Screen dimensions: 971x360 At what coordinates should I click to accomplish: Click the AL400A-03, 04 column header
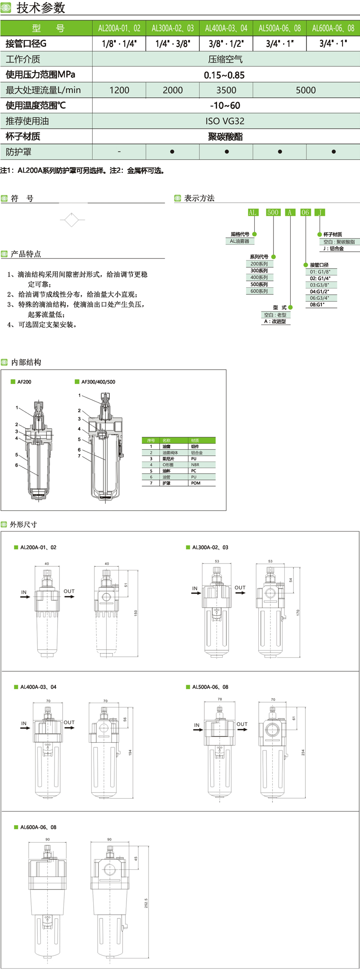click(x=226, y=28)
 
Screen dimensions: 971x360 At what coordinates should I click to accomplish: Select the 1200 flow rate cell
click(x=119, y=90)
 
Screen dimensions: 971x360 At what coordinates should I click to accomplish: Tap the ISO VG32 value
click(x=225, y=121)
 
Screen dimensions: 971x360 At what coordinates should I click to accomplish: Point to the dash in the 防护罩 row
click(x=119, y=152)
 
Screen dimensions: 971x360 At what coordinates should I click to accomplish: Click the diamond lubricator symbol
click(x=72, y=220)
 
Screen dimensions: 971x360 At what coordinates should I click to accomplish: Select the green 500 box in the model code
click(x=273, y=212)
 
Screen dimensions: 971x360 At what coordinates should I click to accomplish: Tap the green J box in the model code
click(x=319, y=212)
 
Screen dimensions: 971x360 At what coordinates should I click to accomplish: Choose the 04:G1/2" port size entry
click(x=319, y=292)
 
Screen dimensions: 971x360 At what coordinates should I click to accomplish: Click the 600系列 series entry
click(x=259, y=291)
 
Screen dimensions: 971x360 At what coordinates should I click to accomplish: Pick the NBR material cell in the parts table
click(x=195, y=465)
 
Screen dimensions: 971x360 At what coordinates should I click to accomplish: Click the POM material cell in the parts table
click(x=195, y=483)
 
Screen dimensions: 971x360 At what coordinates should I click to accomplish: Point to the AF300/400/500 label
click(x=98, y=382)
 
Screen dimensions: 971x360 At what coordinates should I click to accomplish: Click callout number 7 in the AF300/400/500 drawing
click(x=79, y=456)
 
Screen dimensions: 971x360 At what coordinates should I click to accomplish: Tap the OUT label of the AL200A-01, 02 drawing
click(x=69, y=592)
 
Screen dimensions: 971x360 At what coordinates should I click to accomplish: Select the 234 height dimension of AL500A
click(x=303, y=752)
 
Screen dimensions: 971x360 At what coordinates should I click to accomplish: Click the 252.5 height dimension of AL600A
click(x=146, y=903)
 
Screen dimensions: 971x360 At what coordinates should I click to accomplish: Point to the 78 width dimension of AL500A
click(x=220, y=699)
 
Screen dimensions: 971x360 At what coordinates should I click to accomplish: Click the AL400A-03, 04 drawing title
click(x=38, y=687)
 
